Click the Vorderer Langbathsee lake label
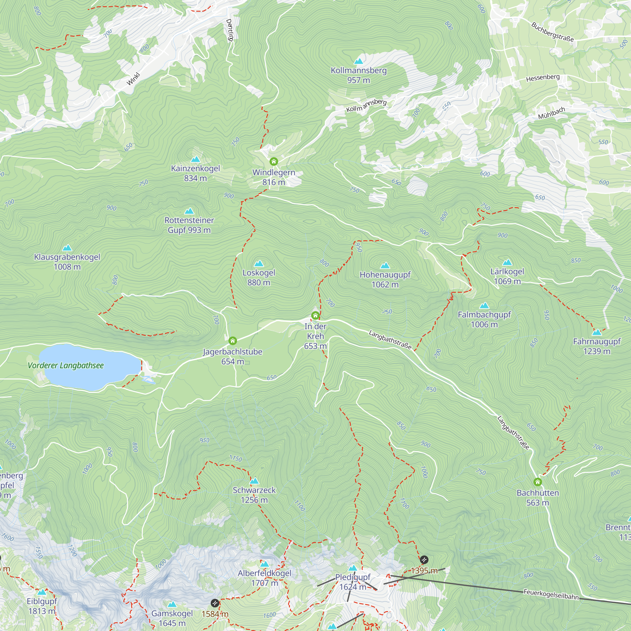click(66, 365)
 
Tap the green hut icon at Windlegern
click(274, 161)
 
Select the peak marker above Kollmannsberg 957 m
click(359, 61)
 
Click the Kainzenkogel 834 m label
click(195, 173)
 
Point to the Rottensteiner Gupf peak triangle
click(189, 211)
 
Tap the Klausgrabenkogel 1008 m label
click(67, 262)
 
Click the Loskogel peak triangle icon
click(259, 263)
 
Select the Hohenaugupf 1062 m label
click(385, 280)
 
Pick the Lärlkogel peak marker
click(507, 262)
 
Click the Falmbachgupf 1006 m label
click(484, 319)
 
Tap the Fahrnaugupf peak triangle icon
click(597, 333)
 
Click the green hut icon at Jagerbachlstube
click(233, 341)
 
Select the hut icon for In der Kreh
click(315, 315)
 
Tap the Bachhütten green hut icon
click(538, 482)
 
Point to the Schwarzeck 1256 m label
click(254, 495)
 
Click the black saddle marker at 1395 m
click(424, 560)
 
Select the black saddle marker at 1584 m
click(215, 603)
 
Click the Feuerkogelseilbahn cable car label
click(551, 594)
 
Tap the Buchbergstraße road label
click(552, 32)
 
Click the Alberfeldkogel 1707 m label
click(265, 578)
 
